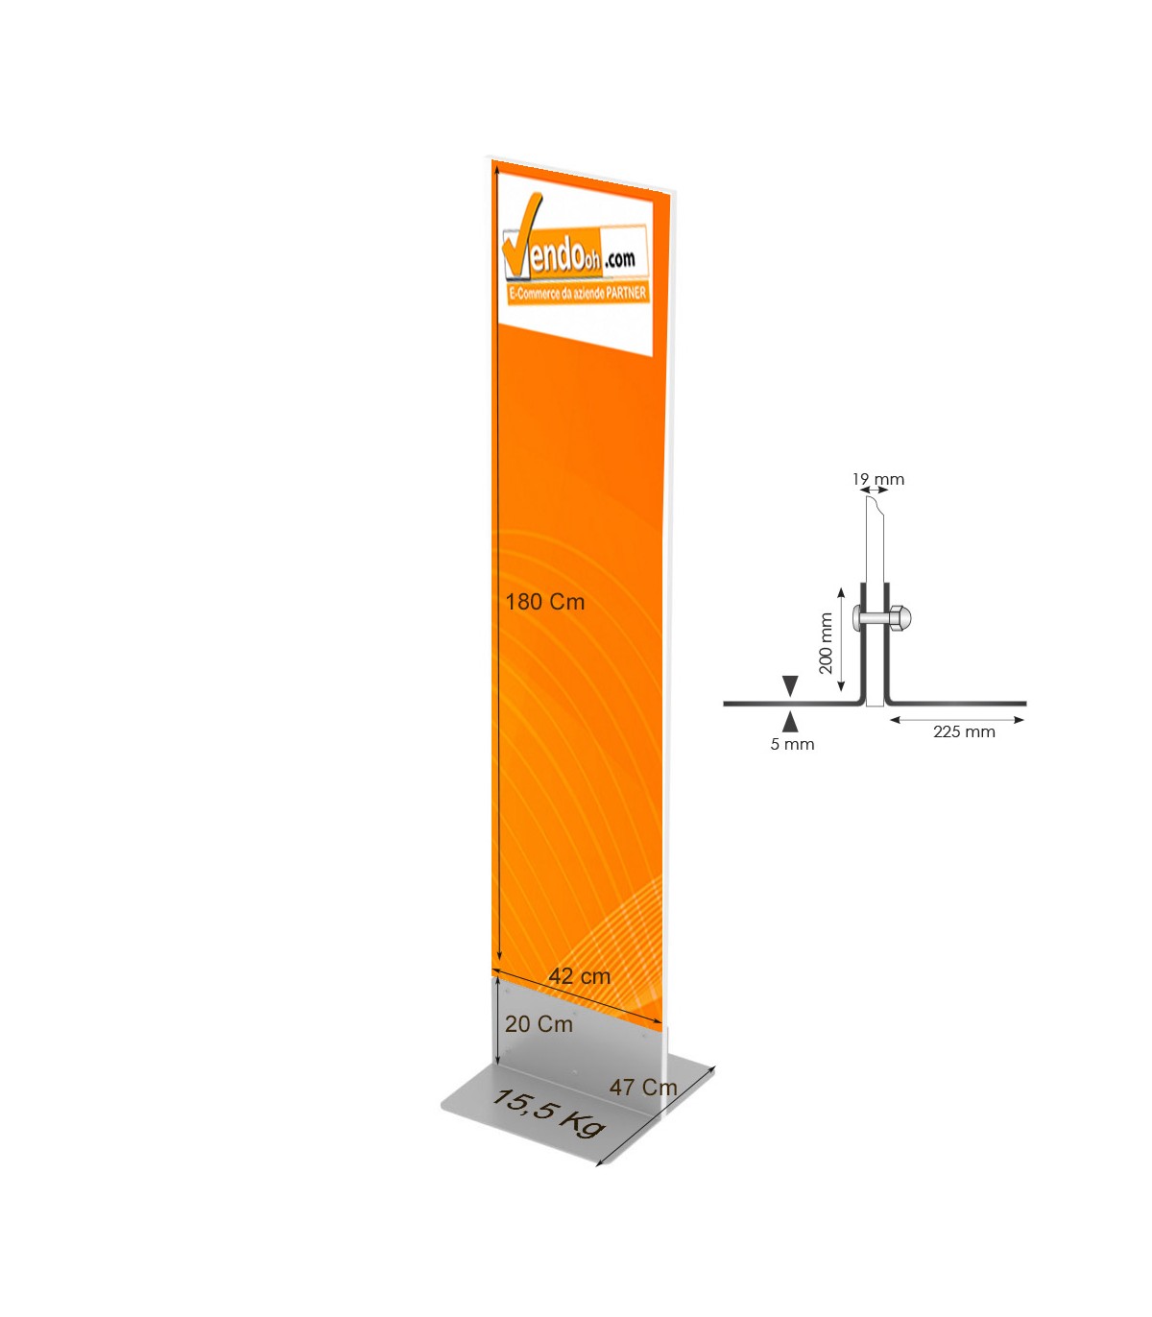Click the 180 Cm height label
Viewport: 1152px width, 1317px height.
[x=544, y=602]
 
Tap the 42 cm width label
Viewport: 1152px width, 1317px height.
[x=579, y=976]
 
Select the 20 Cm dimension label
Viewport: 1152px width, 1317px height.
[x=539, y=1024]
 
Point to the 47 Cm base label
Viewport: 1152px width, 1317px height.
[x=643, y=1088]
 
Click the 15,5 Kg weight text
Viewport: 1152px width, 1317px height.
[x=548, y=1112]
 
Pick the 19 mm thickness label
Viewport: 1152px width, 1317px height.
[x=877, y=479]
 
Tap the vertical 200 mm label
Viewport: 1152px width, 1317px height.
[x=826, y=643]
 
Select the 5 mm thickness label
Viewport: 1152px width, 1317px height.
[x=792, y=744]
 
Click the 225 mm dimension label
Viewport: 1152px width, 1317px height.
[x=964, y=731]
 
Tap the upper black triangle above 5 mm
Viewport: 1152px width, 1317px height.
[x=790, y=685]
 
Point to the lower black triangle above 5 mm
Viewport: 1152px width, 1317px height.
[x=790, y=722]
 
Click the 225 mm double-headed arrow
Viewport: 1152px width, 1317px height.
[x=956, y=719]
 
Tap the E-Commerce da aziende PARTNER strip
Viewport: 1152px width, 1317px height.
[x=577, y=293]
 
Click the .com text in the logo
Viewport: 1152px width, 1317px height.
[x=619, y=259]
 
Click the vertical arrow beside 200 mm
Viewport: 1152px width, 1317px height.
[x=841, y=640]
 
